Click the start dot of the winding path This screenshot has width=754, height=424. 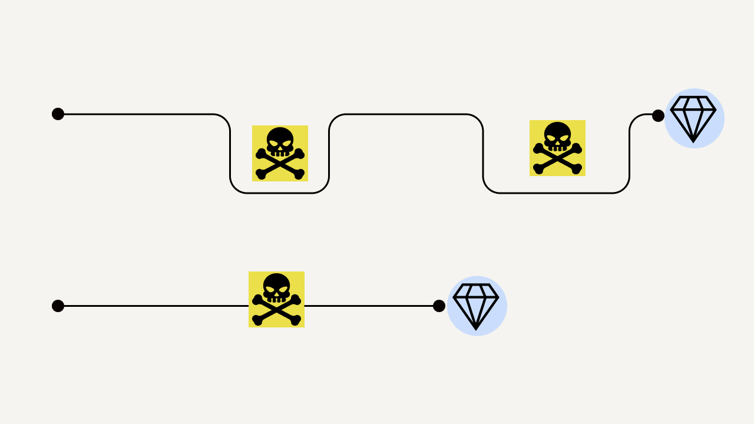(x=58, y=114)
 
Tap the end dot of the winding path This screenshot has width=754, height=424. (x=658, y=115)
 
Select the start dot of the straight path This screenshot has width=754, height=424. (x=58, y=306)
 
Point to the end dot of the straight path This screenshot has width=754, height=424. (x=439, y=306)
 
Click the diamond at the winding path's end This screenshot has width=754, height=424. (x=694, y=118)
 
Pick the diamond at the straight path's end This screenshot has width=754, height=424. (x=477, y=306)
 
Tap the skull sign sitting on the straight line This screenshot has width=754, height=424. (x=276, y=299)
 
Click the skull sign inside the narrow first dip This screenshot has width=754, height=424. (x=280, y=153)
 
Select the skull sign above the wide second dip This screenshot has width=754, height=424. (x=557, y=148)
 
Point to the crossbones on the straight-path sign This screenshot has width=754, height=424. (x=276, y=311)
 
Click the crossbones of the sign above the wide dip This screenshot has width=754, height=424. (x=557, y=160)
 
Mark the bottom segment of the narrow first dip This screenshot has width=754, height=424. (x=280, y=193)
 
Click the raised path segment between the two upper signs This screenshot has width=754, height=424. (x=406, y=114)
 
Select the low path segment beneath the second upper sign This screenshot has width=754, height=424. (x=557, y=193)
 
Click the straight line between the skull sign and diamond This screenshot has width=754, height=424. (x=371, y=306)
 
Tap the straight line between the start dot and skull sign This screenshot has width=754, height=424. (x=153, y=306)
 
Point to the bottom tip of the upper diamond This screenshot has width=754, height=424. (x=693, y=141)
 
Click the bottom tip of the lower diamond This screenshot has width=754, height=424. (x=476, y=329)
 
